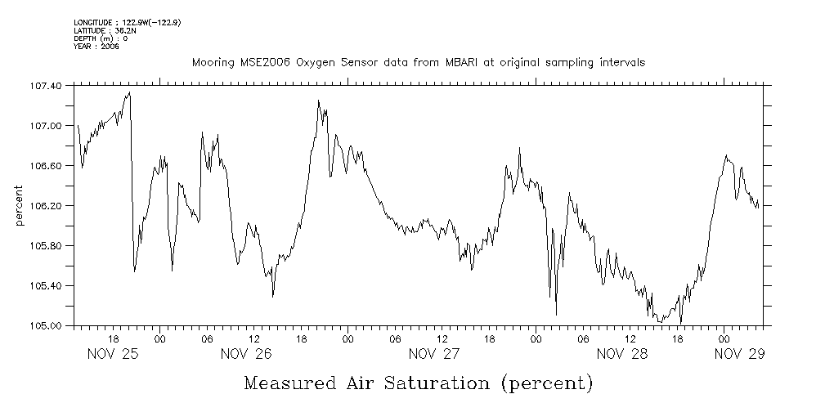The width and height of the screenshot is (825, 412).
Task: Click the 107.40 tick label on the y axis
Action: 47,85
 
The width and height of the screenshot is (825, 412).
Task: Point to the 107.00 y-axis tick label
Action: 47,125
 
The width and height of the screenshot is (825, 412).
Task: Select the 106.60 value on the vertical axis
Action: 47,165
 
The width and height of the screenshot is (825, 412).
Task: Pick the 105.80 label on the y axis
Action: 47,245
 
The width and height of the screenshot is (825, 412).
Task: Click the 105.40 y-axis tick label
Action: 47,285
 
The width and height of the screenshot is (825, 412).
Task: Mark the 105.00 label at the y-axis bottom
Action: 47,325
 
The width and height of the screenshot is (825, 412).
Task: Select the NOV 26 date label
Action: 246,354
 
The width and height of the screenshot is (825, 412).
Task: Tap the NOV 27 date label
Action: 434,354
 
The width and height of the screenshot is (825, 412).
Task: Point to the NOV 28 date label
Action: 622,354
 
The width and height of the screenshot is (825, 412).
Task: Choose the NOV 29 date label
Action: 740,354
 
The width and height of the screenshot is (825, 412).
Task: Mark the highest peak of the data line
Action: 129,92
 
